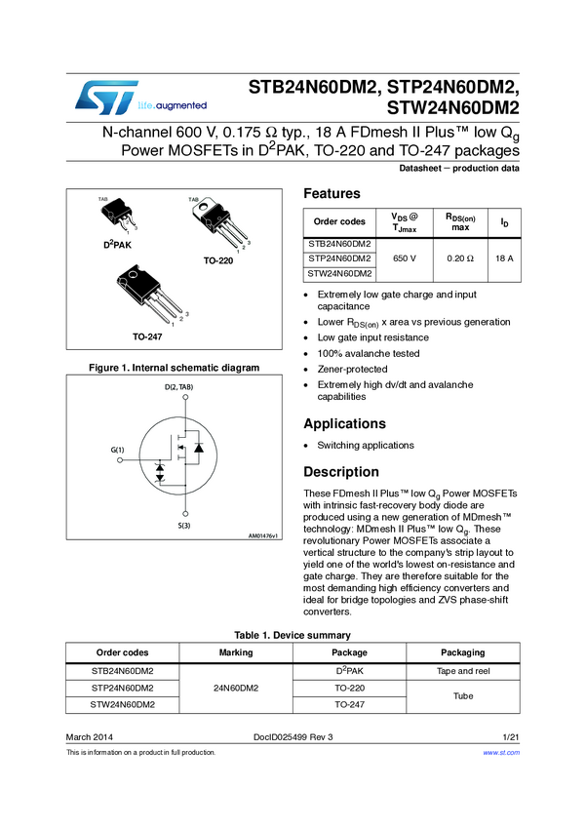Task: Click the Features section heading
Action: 332,193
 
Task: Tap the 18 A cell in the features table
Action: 504,258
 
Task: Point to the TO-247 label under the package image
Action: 147,336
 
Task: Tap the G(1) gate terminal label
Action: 118,450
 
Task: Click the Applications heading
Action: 346,423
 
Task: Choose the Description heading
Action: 342,472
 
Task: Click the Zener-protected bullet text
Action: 352,370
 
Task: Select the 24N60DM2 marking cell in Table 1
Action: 237,688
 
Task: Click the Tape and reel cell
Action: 462,671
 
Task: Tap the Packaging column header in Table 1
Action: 462,652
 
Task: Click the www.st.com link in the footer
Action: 501,753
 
